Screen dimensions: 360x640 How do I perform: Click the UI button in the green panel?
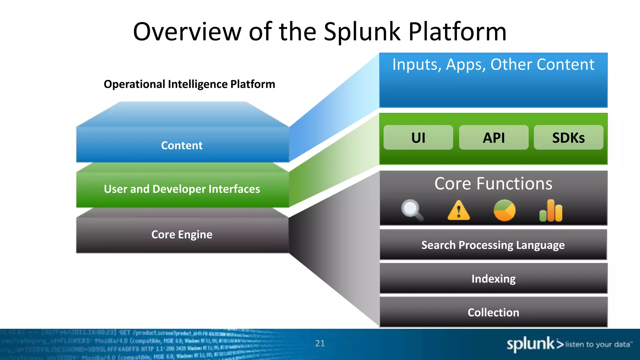[x=418, y=137]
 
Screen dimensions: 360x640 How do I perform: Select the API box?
[x=494, y=137]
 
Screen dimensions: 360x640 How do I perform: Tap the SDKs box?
[x=568, y=137]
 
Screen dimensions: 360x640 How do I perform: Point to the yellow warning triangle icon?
[x=458, y=210]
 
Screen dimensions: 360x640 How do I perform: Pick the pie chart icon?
[x=504, y=210]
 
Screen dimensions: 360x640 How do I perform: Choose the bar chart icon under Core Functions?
[x=551, y=211]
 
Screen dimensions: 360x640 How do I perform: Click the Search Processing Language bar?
[x=493, y=245]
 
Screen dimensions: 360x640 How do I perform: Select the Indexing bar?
[x=493, y=278]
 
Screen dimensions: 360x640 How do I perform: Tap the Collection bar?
[x=493, y=312]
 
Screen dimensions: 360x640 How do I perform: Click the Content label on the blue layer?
[x=182, y=145]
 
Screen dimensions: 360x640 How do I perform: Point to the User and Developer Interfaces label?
[x=182, y=189]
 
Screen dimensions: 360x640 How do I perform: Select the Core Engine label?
[x=182, y=234]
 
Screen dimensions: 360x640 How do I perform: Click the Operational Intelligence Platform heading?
[x=189, y=84]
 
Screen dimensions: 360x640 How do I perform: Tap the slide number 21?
[x=320, y=343]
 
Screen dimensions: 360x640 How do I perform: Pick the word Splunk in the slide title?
[x=362, y=32]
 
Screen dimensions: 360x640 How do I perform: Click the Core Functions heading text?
[x=493, y=183]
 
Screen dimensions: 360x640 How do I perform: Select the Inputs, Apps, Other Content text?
[x=493, y=65]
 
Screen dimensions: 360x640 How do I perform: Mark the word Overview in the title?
[x=187, y=32]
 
